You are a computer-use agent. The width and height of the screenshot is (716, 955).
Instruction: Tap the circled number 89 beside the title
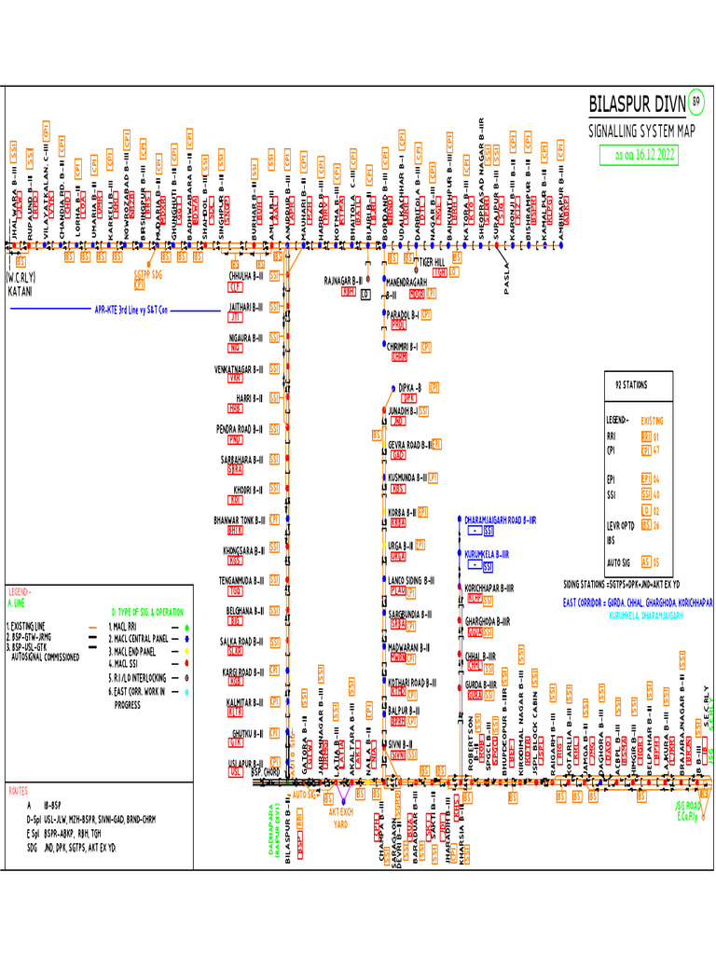click(x=695, y=101)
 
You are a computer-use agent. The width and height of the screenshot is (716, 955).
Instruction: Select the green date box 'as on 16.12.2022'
click(x=639, y=156)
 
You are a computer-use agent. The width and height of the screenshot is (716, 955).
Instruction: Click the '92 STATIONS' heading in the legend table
click(x=631, y=384)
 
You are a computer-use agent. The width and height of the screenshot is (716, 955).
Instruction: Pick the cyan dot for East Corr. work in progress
click(x=186, y=691)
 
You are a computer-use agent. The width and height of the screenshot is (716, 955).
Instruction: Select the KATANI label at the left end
click(x=21, y=291)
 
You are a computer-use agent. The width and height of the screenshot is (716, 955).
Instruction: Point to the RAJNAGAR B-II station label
click(x=344, y=279)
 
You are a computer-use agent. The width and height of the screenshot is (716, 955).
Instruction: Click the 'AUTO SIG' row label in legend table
click(x=619, y=562)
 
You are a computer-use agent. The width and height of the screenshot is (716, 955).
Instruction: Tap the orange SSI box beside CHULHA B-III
click(x=274, y=276)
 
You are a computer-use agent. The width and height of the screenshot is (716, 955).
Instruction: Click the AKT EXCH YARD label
click(x=342, y=817)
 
